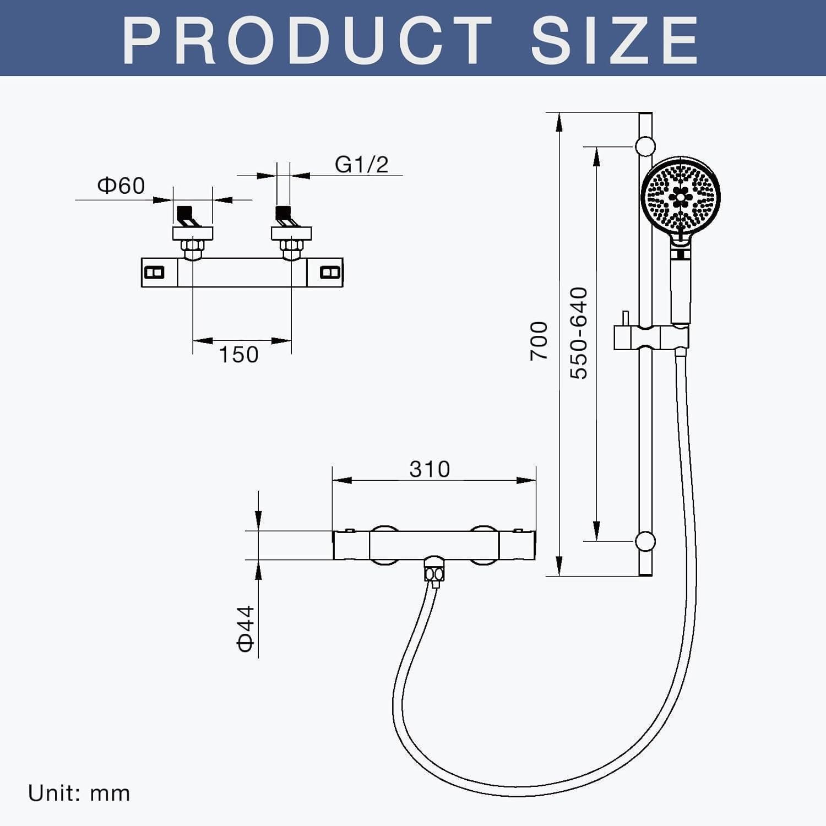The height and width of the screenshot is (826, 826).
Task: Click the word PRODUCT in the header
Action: point(307,40)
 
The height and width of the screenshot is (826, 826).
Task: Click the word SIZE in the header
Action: point(615,40)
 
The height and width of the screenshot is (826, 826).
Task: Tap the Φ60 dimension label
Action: point(121,186)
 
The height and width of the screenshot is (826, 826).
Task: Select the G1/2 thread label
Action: point(362,164)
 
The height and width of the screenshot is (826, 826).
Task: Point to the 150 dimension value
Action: point(239,355)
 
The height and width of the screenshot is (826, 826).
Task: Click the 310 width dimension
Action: point(430,469)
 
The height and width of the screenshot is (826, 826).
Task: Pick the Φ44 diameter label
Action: point(246,628)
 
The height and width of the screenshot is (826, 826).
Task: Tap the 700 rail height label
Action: point(539,341)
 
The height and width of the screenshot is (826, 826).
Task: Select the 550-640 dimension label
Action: point(579,333)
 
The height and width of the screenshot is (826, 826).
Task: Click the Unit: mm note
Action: point(79,794)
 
